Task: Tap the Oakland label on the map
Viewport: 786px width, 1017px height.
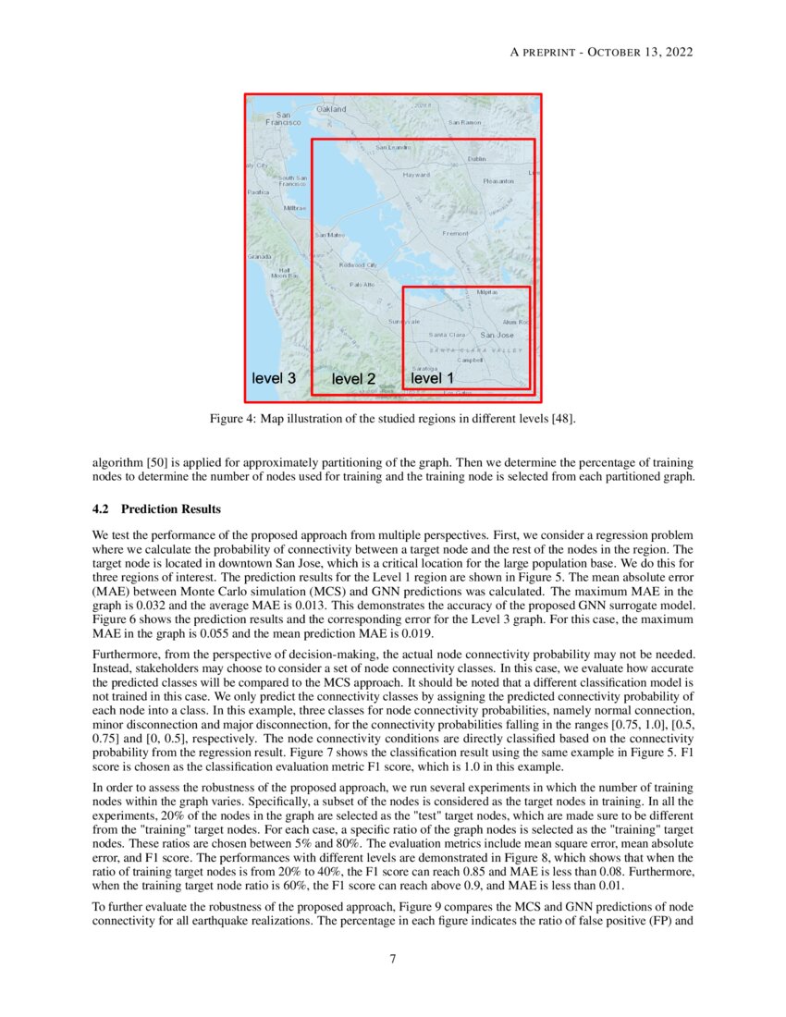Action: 331,109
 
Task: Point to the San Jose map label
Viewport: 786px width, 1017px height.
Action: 497,335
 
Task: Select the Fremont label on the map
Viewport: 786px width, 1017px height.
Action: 456,233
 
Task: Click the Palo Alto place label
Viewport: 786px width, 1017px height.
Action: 362,284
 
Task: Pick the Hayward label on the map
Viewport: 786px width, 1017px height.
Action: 416,174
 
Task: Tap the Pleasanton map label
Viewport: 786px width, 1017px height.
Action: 498,181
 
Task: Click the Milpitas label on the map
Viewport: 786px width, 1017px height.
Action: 486,292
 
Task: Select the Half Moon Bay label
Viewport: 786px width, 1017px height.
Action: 284,273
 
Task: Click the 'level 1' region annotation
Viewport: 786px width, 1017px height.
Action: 432,378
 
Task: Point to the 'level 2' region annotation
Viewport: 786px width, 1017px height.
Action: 353,379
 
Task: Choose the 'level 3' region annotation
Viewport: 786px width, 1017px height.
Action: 274,378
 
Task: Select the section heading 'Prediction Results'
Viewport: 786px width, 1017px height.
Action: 171,509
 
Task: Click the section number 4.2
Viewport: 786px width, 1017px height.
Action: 102,509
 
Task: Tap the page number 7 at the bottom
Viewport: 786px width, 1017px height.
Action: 393,958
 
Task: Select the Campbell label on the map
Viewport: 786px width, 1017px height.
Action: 484,360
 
